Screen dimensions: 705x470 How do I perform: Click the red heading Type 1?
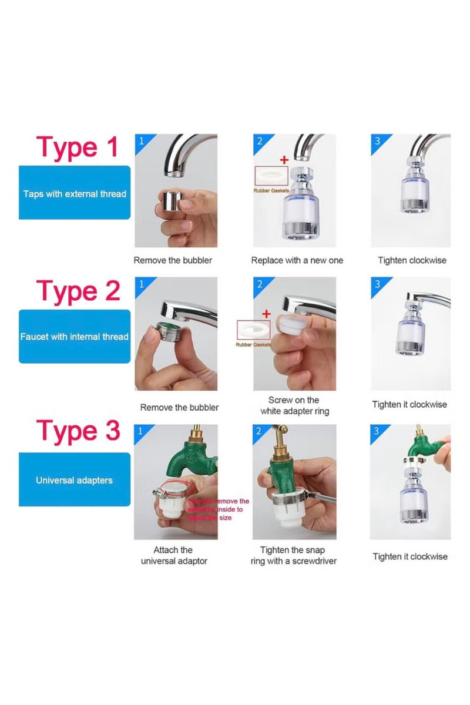pos(78,147)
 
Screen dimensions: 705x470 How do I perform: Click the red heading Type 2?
pos(78,291)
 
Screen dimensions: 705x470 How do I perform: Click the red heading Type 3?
pos(78,432)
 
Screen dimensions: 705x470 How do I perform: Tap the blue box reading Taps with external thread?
pos(75,193)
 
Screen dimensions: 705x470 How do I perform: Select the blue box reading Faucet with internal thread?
pos(75,337)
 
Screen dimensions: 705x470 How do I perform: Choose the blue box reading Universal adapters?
pos(75,480)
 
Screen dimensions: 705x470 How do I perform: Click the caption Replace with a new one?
pos(297,260)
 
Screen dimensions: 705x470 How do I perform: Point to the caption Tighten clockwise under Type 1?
pos(412,260)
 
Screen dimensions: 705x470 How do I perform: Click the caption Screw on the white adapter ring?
pos(294,406)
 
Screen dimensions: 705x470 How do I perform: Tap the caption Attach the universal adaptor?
pos(173,556)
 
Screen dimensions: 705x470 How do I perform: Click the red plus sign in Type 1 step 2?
pos(284,159)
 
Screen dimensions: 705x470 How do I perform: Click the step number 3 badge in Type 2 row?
pos(377,284)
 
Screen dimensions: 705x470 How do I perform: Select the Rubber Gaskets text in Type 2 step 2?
pos(253,344)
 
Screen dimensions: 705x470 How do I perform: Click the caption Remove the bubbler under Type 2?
pos(179,407)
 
